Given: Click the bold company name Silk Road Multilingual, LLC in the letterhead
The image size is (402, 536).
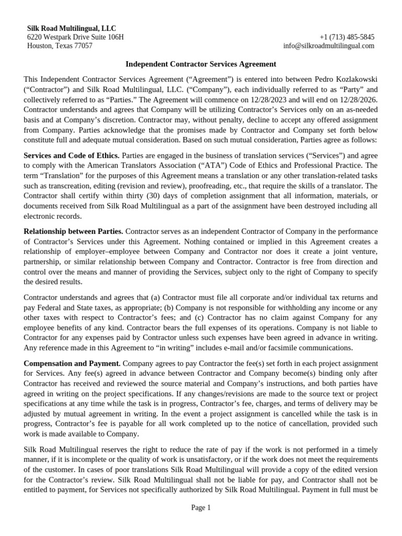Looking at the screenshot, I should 72,28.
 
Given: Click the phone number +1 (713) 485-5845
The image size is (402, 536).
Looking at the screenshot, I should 347,37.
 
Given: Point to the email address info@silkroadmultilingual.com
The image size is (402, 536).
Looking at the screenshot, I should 329,46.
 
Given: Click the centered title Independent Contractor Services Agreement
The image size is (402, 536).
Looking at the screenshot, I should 201,64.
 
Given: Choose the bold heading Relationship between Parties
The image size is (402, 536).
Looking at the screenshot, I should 74,231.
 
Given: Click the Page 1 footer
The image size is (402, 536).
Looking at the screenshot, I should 201,507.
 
